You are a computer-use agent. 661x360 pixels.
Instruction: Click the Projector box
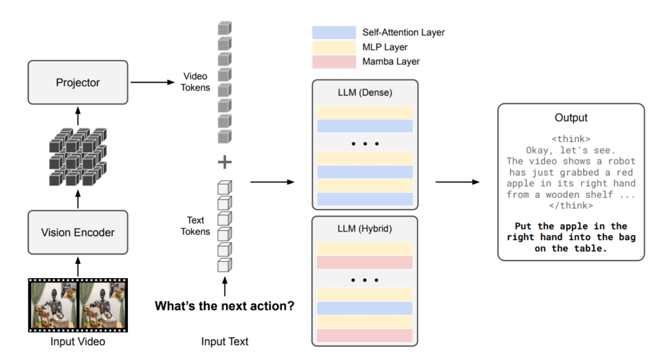pyautogui.click(x=77, y=83)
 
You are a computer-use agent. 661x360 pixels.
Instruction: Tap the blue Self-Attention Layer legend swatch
pyautogui.click(x=334, y=32)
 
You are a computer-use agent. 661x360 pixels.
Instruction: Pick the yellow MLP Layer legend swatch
pyautogui.click(x=334, y=47)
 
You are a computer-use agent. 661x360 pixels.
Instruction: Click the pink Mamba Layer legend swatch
pyautogui.click(x=334, y=62)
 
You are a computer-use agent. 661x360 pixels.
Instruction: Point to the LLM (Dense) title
pyautogui.click(x=365, y=92)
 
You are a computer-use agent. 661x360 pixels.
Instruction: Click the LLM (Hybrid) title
pyautogui.click(x=365, y=228)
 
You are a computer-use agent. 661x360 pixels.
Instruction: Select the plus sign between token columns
pyautogui.click(x=224, y=161)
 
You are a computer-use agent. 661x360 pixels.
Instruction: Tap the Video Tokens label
pyautogui.click(x=196, y=82)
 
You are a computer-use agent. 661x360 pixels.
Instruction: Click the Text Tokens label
pyautogui.click(x=196, y=226)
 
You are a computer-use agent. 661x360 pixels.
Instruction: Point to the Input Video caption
pyautogui.click(x=77, y=341)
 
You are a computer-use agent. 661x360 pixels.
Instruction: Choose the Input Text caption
pyautogui.click(x=225, y=341)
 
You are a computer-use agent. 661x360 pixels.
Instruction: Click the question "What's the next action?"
pyautogui.click(x=225, y=306)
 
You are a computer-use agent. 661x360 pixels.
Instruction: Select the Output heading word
pyautogui.click(x=571, y=117)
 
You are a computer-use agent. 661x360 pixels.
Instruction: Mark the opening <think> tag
pyautogui.click(x=571, y=139)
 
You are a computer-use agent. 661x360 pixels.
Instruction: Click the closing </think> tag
pyautogui.click(x=571, y=206)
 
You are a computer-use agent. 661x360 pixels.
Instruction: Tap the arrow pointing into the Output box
pyautogui.click(x=457, y=182)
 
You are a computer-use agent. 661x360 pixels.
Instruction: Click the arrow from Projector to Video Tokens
pyautogui.click(x=153, y=83)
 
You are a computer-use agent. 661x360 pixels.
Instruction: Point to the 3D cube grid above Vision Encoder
pyautogui.click(x=77, y=157)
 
